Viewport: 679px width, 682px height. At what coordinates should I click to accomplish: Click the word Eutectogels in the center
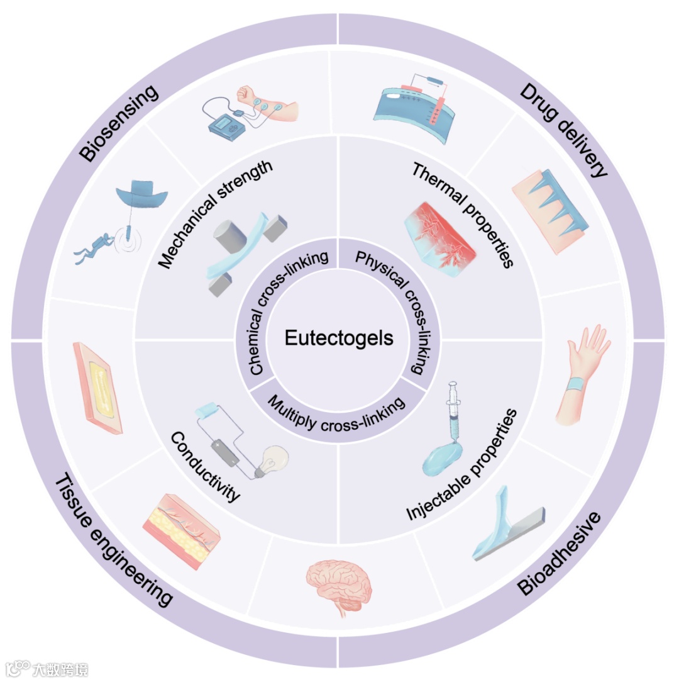(339, 338)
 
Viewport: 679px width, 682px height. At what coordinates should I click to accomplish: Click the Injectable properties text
(462, 466)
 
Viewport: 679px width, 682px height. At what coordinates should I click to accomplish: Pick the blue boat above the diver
(145, 192)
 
